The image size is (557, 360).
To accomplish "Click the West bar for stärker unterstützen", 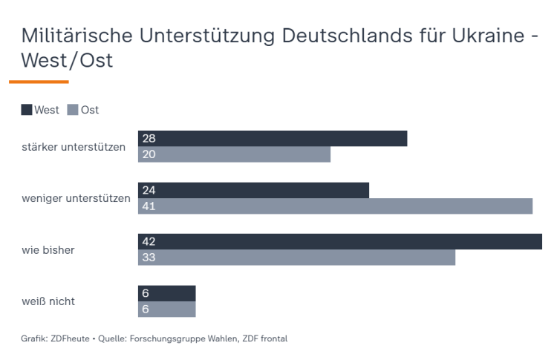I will pos(273,138).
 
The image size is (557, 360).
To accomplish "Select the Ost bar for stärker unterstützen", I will pos(234,154).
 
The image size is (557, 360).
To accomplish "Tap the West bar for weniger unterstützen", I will pos(253,190).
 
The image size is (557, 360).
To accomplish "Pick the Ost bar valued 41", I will pos(335,206).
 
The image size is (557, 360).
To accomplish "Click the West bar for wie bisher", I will pos(340,241).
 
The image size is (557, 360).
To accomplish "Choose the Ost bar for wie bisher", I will pos(296,258).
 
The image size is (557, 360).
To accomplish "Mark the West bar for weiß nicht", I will pos(167,293).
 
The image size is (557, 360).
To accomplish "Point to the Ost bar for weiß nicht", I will pos(167,310).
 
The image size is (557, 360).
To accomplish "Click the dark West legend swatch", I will pos(27,110).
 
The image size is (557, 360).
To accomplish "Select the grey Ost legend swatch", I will pos(73,110).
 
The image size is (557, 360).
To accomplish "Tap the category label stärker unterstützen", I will pos(74,146).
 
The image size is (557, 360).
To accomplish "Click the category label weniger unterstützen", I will pos(76,198).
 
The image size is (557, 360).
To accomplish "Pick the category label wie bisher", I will pos(48,250).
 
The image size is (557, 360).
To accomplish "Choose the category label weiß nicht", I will pos(48,301).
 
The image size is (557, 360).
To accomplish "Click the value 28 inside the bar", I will pos(148,139).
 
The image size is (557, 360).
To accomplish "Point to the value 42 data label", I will pos(148,242).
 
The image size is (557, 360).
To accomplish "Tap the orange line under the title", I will pos(39,82).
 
